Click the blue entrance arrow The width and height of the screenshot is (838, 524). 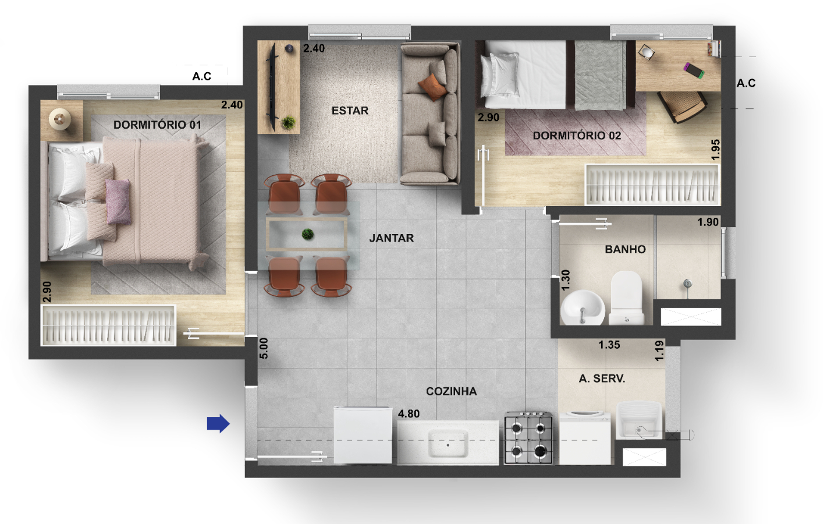click(x=218, y=423)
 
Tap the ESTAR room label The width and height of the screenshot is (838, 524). click(x=350, y=111)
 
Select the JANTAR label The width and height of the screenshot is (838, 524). click(x=391, y=238)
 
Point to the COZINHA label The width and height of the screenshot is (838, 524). click(x=451, y=391)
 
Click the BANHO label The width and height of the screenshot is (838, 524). click(x=625, y=249)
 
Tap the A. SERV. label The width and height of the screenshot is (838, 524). click(x=602, y=379)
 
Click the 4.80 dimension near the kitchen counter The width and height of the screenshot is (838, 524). click(x=409, y=413)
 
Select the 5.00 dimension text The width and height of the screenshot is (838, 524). click(x=264, y=348)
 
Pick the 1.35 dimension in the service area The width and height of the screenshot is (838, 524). click(x=609, y=345)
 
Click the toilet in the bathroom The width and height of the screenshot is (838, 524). click(x=627, y=298)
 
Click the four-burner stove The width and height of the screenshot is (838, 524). click(x=528, y=438)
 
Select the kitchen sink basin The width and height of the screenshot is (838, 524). click(x=448, y=444)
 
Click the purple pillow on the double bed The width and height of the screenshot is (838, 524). click(x=118, y=201)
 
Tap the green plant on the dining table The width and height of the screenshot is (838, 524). click(x=307, y=234)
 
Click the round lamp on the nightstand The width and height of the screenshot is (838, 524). click(x=59, y=119)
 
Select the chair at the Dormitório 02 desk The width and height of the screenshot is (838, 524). click(x=682, y=107)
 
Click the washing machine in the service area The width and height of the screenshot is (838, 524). click(x=585, y=438)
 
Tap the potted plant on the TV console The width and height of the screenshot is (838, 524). click(x=289, y=122)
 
